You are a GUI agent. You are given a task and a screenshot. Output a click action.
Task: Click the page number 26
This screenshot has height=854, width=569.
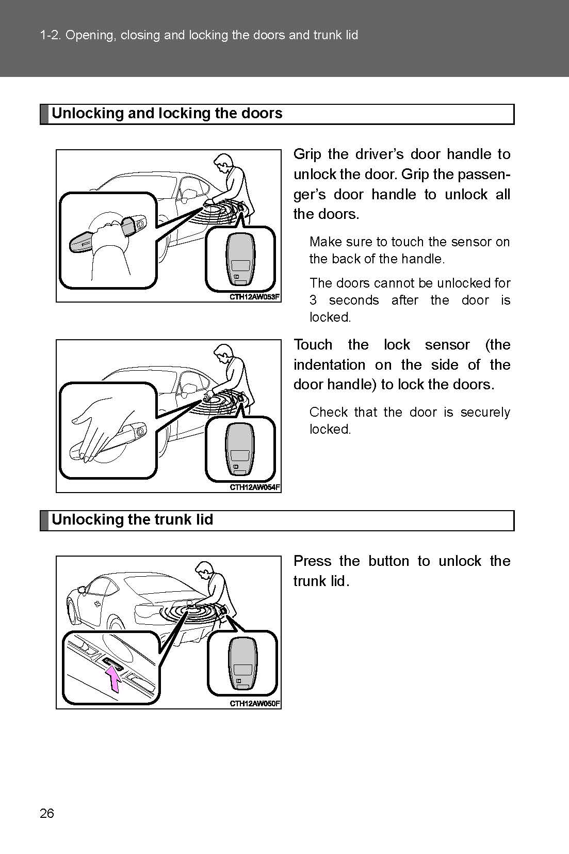(46, 814)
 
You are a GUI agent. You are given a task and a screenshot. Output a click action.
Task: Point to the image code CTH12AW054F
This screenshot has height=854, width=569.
(255, 487)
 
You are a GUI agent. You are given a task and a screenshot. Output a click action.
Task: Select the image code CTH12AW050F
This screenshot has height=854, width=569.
(255, 703)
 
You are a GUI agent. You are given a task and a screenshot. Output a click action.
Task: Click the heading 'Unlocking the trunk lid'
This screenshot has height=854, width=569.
(133, 519)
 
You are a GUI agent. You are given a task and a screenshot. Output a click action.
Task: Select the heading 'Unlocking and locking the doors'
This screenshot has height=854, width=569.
(167, 114)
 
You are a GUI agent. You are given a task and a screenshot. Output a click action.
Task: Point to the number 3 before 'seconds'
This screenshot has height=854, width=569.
(313, 300)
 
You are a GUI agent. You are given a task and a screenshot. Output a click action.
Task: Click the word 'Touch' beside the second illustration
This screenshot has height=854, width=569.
(314, 345)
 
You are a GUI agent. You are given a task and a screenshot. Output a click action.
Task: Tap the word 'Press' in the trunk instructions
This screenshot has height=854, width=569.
(312, 561)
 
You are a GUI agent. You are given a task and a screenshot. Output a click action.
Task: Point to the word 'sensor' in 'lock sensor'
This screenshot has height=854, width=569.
(447, 345)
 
